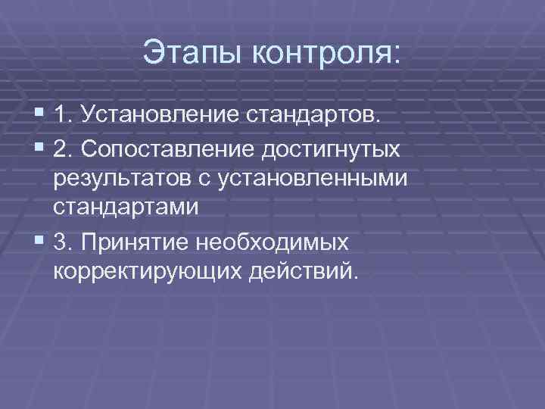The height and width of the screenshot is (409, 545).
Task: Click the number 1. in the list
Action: point(64,116)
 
